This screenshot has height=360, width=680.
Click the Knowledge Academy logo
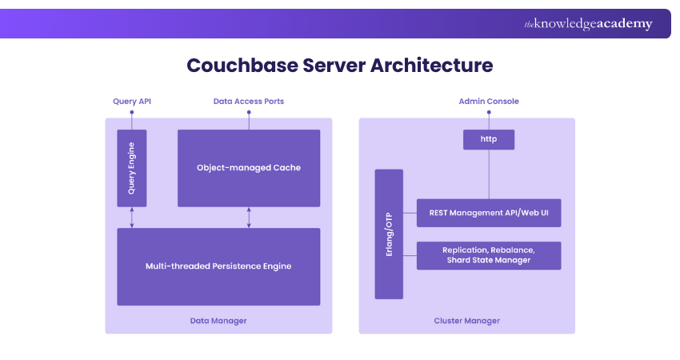(588, 24)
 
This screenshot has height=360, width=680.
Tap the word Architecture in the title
(431, 65)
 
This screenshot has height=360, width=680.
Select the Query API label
(131, 102)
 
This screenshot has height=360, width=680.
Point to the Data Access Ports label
(248, 102)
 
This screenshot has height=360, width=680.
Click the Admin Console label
(488, 102)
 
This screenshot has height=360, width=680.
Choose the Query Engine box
(132, 168)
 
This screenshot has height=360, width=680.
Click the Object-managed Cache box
(248, 168)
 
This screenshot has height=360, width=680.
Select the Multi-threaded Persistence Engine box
(218, 266)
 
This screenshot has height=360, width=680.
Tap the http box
(488, 140)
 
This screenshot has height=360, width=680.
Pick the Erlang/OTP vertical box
(389, 234)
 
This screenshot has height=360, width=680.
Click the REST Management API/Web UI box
(488, 213)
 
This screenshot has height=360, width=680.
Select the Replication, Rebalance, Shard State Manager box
(488, 255)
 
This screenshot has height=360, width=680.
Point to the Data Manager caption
(218, 321)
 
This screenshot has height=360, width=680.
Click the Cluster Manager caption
(466, 321)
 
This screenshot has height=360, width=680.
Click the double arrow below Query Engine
(132, 218)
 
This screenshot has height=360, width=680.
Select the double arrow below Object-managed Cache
(249, 218)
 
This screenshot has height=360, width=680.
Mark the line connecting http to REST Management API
(488, 174)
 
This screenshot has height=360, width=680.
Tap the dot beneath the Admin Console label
(488, 114)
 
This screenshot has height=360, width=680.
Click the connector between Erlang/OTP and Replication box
(410, 255)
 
